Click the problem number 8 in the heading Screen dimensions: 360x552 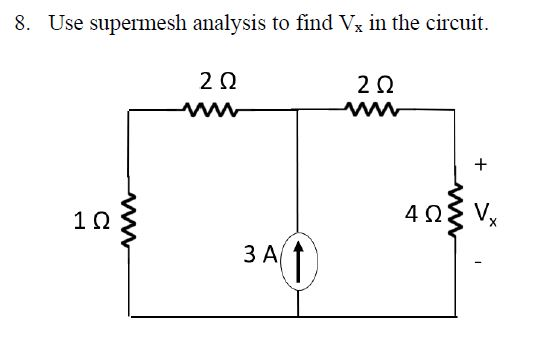23,22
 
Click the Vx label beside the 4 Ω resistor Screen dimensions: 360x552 486,213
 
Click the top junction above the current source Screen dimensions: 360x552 299,111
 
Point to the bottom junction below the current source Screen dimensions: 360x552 299,316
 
